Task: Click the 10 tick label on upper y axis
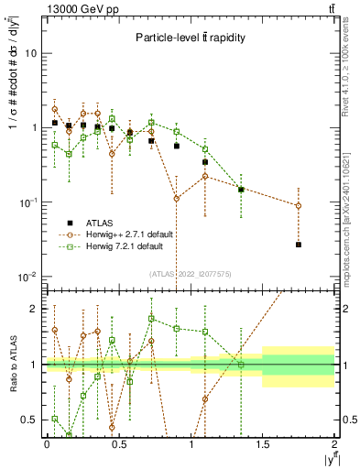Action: coord(30,53)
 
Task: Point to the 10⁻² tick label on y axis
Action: coord(28,277)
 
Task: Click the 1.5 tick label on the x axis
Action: coord(263,444)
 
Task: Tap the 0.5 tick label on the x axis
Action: coord(118,444)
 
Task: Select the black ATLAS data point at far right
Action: coord(299,245)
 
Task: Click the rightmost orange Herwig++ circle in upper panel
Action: coord(299,205)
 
